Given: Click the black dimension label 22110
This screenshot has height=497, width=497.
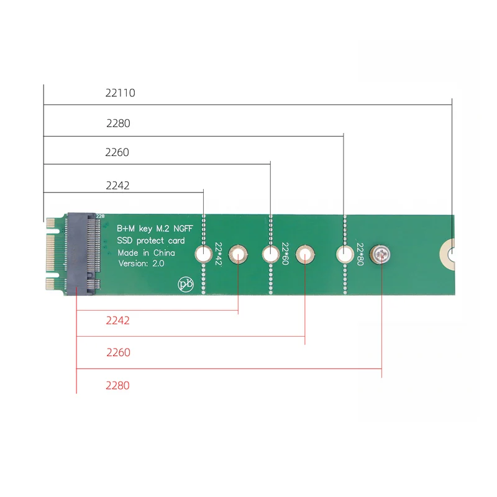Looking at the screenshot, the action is [121, 93].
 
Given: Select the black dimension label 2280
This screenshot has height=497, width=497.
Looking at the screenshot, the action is [118, 123].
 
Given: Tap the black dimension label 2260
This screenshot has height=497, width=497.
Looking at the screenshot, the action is [117, 152].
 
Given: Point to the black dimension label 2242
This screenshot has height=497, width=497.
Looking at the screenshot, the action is [117, 185].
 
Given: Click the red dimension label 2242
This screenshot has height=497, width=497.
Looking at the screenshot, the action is [117, 321].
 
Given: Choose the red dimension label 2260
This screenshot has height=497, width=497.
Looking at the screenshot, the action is [118, 352].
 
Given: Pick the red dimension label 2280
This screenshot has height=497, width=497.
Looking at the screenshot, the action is [117, 385].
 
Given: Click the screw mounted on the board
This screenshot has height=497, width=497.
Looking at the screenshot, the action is [381, 254].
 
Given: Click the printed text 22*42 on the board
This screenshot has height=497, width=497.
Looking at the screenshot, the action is [218, 254].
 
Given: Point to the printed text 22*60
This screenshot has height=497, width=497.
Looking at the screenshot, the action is [285, 254].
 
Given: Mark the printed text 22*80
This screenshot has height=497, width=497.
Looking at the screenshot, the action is [360, 254].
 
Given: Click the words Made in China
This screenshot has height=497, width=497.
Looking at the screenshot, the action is [147, 253].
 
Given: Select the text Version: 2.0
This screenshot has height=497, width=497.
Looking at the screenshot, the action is [143, 263].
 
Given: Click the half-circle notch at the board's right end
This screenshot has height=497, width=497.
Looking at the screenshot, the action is [450, 254].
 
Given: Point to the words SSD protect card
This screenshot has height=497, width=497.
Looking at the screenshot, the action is [151, 240].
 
